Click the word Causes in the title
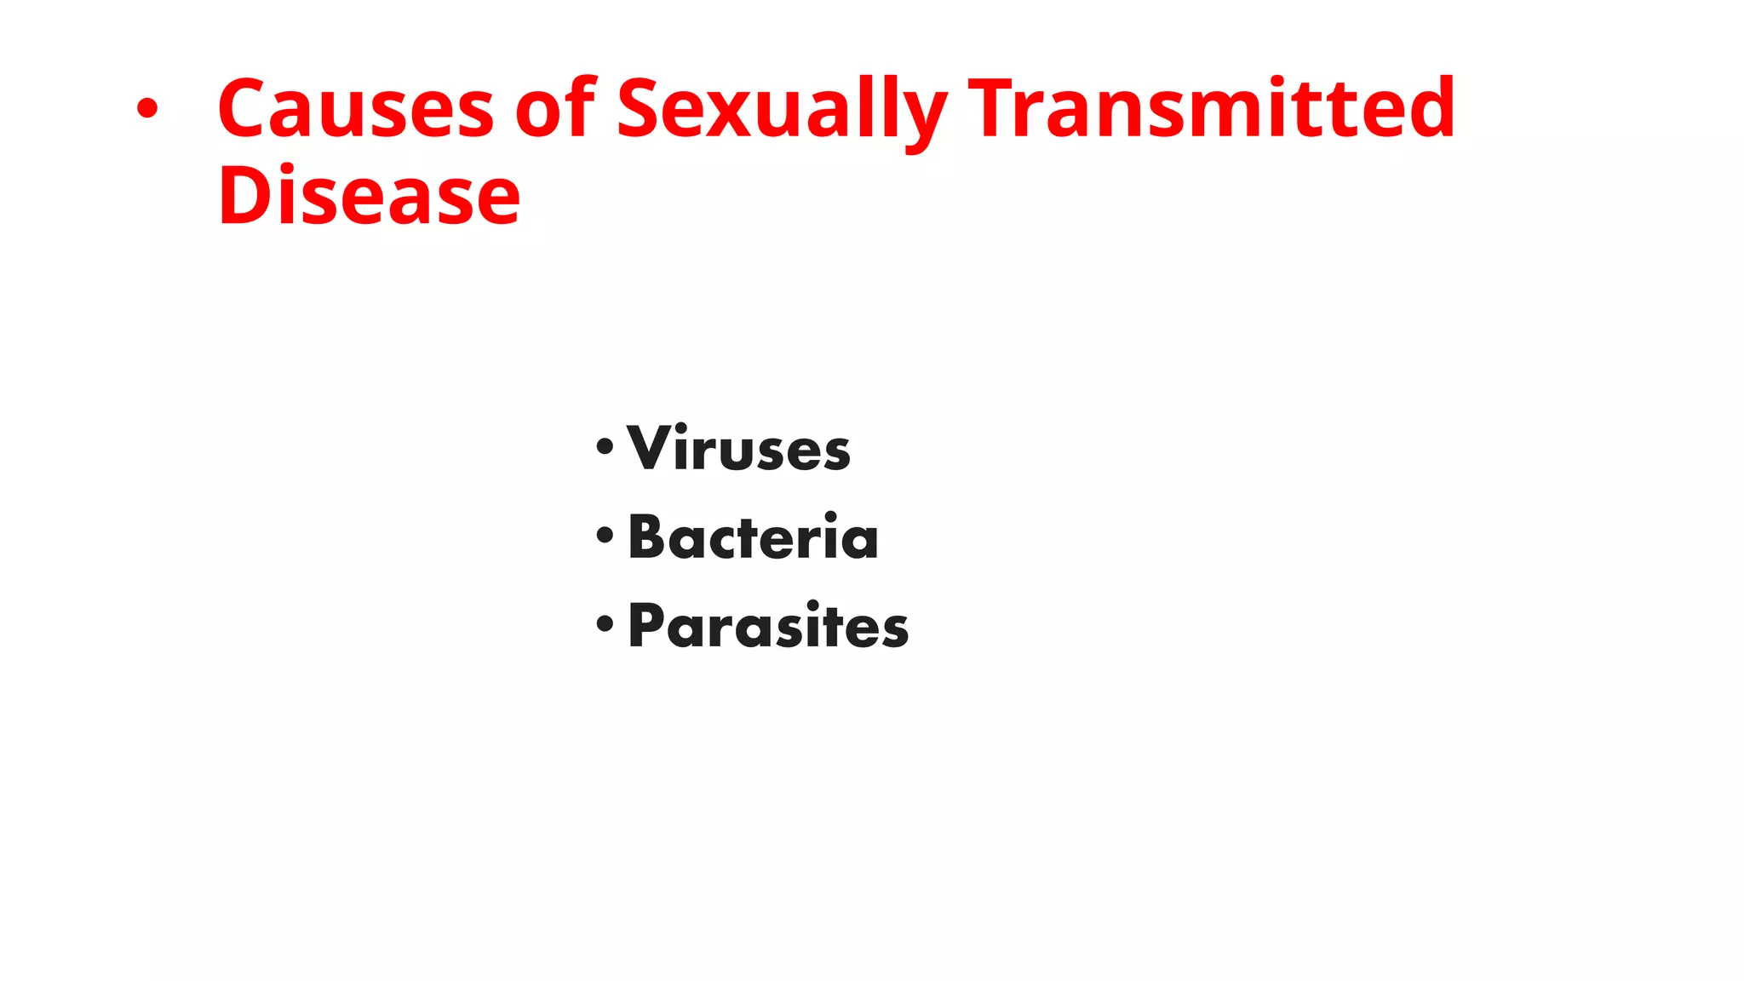[x=355, y=108]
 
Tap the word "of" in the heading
[x=555, y=108]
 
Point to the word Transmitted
[x=1212, y=108]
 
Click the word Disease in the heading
[x=369, y=197]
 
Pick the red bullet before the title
[x=147, y=109]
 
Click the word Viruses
[x=738, y=448]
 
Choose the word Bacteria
[x=753, y=537]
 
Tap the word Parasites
[x=768, y=626]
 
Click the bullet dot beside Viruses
[x=605, y=446]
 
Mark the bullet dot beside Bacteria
[x=605, y=536]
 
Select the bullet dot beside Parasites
[x=605, y=624]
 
